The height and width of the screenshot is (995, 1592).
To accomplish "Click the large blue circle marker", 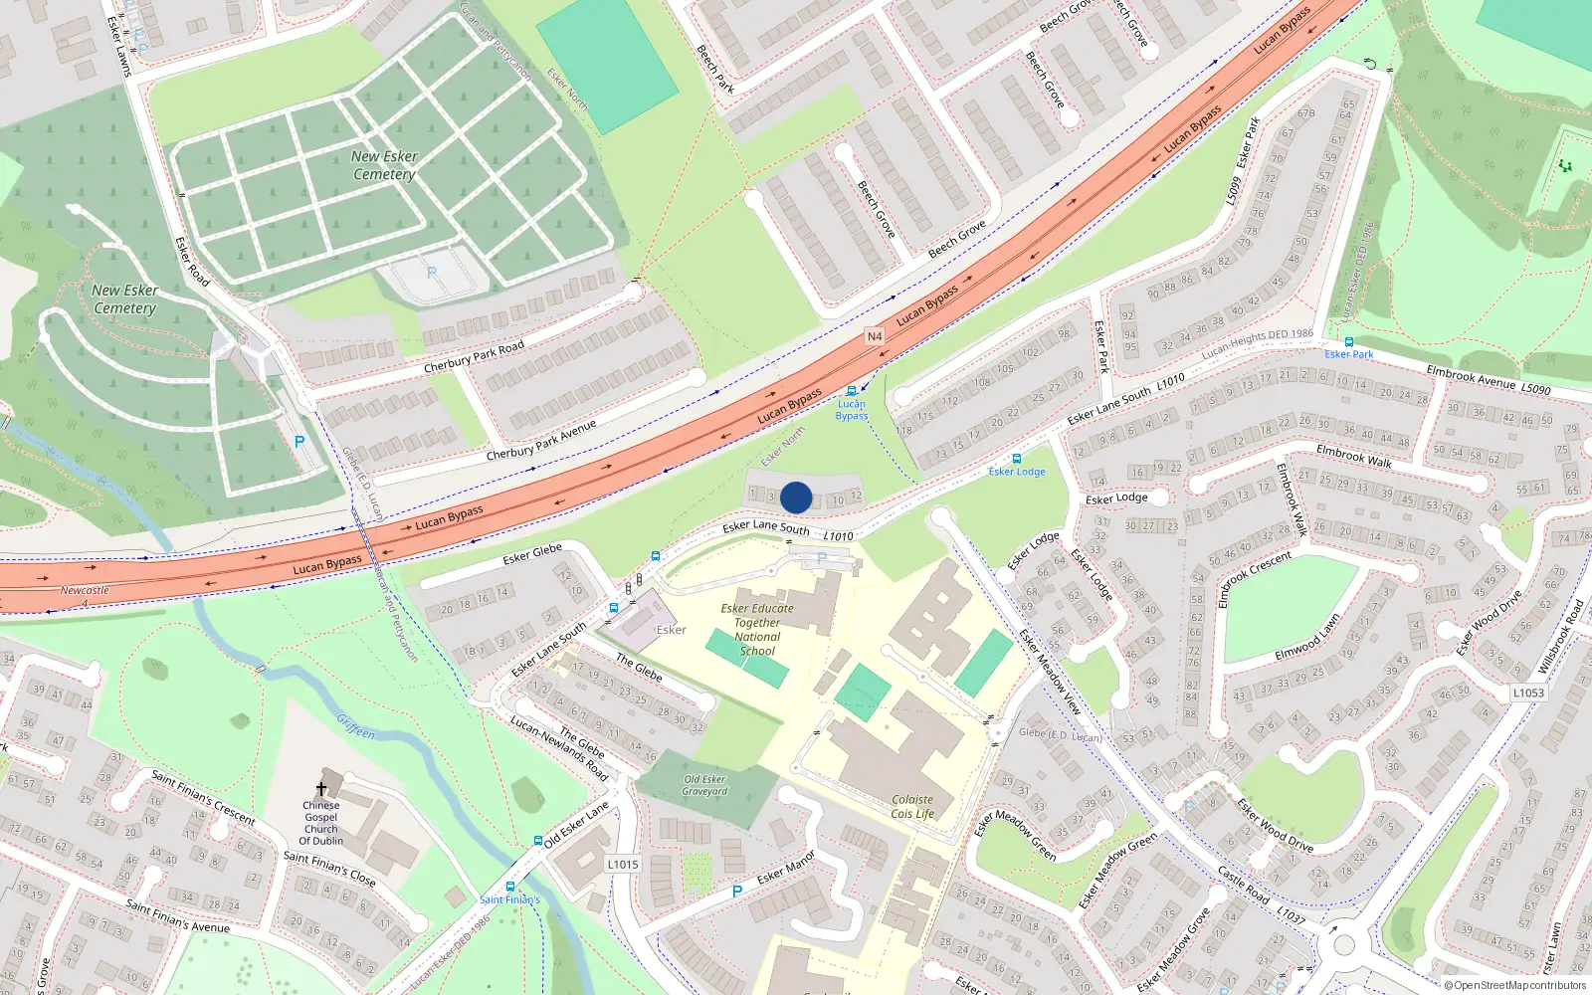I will pyautogui.click(x=796, y=497).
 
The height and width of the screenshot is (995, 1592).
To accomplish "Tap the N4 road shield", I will pyautogui.click(x=875, y=336).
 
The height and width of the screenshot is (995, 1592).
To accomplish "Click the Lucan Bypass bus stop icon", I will pyautogui.click(x=852, y=392).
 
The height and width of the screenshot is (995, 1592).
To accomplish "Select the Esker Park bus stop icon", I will pyautogui.click(x=1349, y=342).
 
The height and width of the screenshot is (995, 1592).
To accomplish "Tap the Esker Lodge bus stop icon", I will pyautogui.click(x=1016, y=459).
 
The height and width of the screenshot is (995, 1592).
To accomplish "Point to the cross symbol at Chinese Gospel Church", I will pyautogui.click(x=320, y=789).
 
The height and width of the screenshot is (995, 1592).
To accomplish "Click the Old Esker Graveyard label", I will pyautogui.click(x=704, y=785).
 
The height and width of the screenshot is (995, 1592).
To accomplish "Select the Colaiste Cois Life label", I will pyautogui.click(x=912, y=806).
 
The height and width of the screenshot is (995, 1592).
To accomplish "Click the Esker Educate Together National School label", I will pyautogui.click(x=757, y=629).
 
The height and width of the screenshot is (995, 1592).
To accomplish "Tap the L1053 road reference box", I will pyautogui.click(x=1528, y=693).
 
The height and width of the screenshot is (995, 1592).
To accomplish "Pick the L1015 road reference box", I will pyautogui.click(x=623, y=864).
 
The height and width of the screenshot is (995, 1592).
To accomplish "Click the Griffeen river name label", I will pyautogui.click(x=355, y=726).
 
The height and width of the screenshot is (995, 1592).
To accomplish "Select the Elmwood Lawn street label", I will pyautogui.click(x=1306, y=639).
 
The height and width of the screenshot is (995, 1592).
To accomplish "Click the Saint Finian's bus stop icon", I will pyautogui.click(x=510, y=887).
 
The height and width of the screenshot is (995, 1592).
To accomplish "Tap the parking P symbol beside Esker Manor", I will pyautogui.click(x=736, y=892).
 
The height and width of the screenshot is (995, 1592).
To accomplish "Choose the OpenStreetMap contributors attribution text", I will pyautogui.click(x=1515, y=986).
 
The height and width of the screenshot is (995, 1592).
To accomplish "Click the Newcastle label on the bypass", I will pyautogui.click(x=85, y=590).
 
